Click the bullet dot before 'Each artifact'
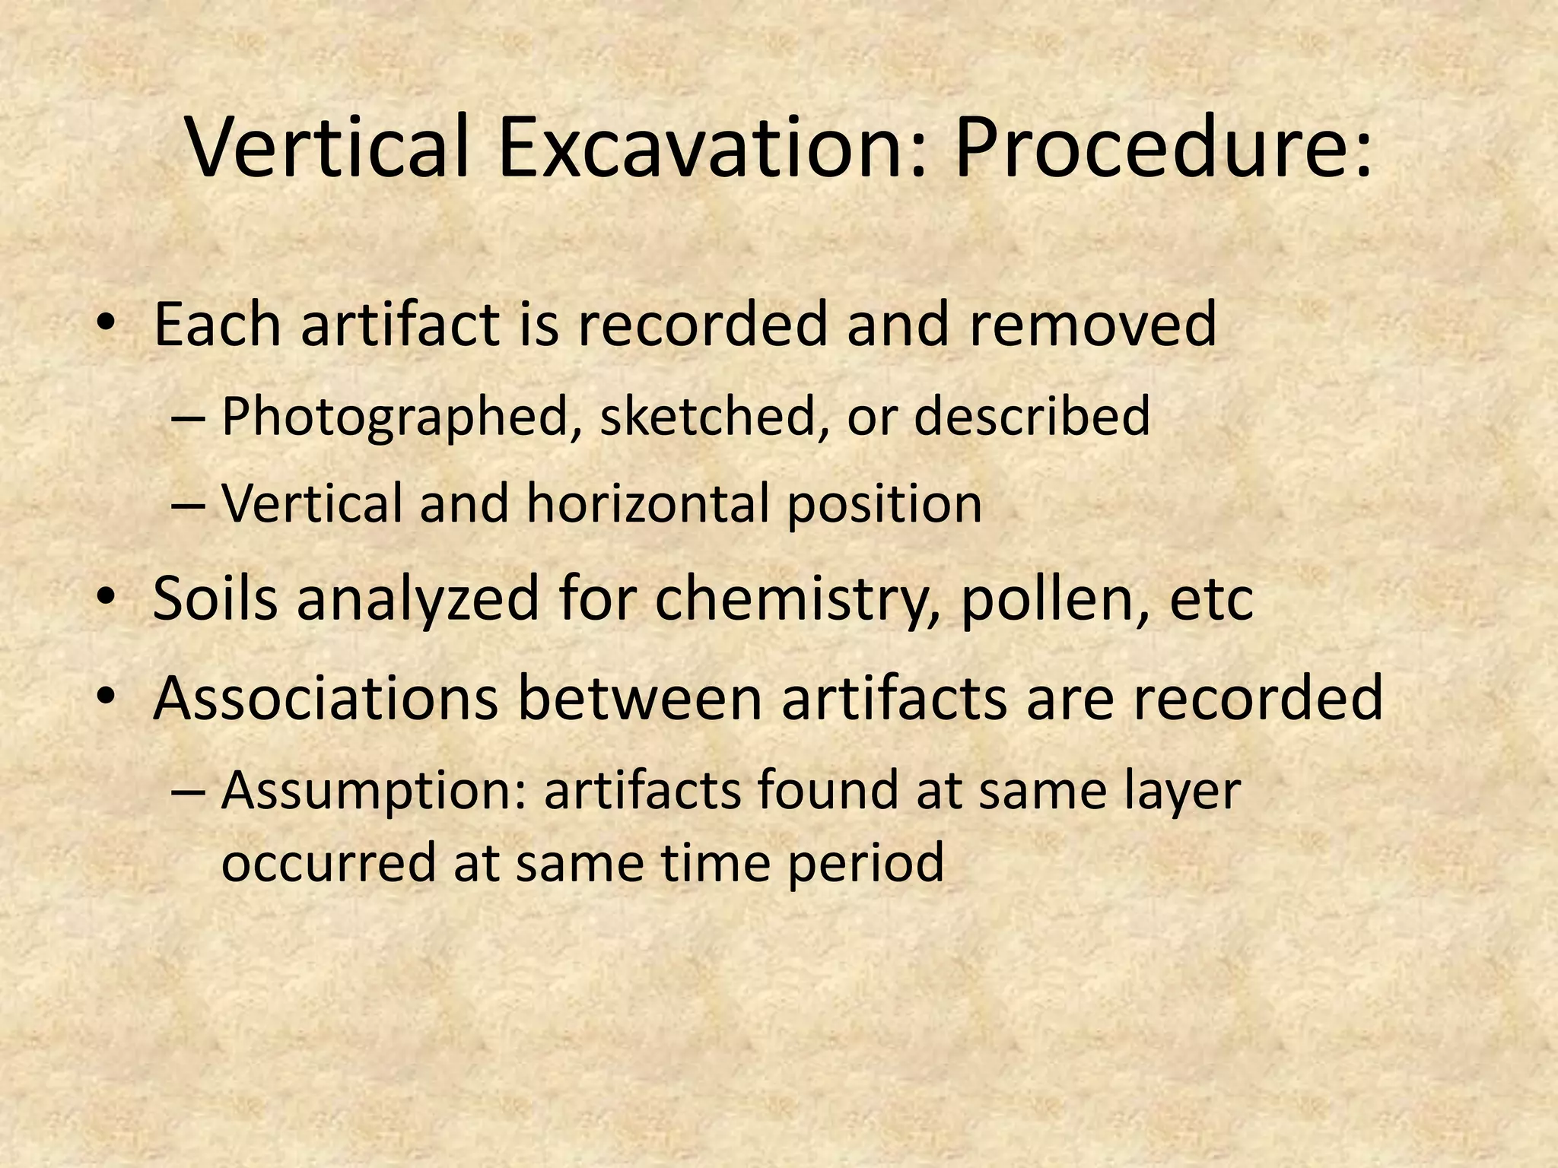pyautogui.click(x=106, y=322)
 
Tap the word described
pyautogui.click(x=1032, y=416)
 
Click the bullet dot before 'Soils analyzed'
pyautogui.click(x=106, y=596)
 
